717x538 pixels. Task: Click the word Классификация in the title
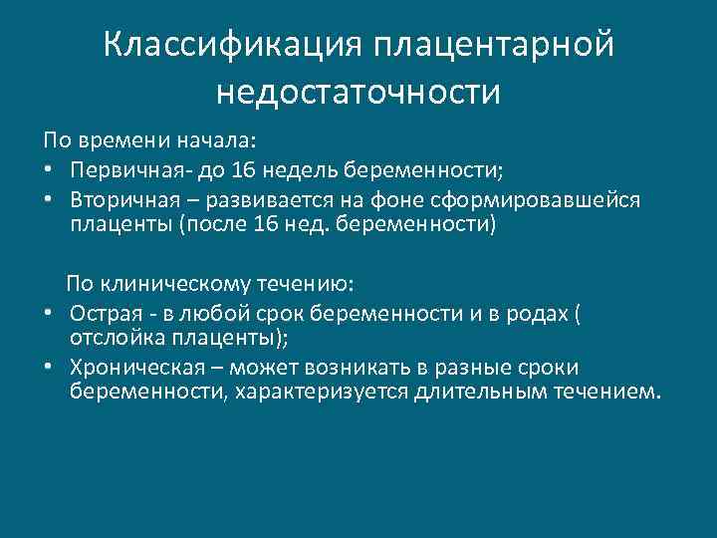click(x=231, y=46)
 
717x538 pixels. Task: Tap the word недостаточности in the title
click(x=358, y=92)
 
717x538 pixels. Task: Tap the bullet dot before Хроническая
click(x=48, y=368)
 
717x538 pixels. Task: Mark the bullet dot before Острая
click(x=48, y=313)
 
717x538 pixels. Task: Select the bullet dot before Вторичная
click(x=48, y=199)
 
